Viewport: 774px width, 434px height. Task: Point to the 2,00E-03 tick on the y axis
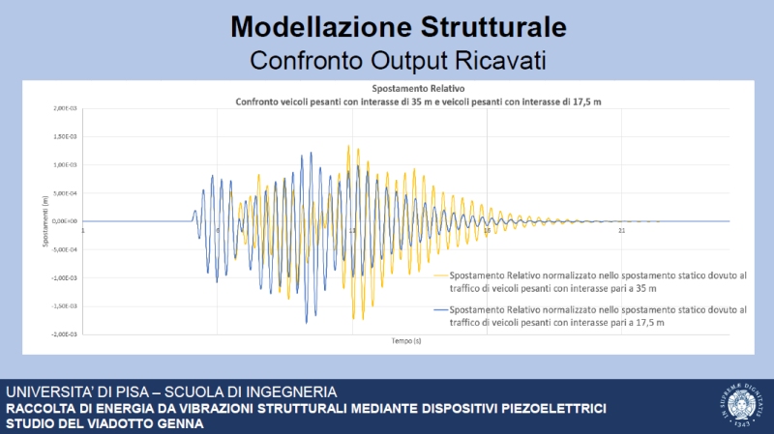point(66,108)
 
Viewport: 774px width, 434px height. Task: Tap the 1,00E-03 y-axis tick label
point(66,164)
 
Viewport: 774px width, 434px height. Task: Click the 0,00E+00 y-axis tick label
point(66,221)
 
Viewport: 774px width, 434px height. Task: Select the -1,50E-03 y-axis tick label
point(65,305)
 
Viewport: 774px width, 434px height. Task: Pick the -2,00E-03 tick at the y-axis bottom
point(65,333)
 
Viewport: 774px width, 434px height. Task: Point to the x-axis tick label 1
point(84,230)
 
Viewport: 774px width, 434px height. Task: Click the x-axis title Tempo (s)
point(405,341)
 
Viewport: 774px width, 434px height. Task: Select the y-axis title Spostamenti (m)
point(45,221)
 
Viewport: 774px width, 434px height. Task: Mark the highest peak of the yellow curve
point(349,146)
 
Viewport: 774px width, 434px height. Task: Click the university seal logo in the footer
point(739,407)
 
